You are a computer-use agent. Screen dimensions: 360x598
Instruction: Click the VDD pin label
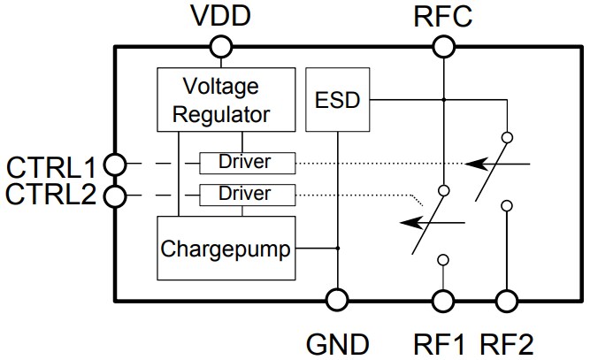[x=220, y=16]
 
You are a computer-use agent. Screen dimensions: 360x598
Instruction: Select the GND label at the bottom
[x=336, y=343]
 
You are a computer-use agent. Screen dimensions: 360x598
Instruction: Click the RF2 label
[x=508, y=343]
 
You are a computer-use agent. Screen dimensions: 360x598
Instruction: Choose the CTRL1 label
[x=50, y=165]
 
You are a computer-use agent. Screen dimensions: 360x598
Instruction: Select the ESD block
[x=338, y=100]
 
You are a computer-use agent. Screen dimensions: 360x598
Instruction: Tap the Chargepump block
[x=226, y=249]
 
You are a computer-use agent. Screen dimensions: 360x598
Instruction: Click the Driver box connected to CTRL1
[x=246, y=163]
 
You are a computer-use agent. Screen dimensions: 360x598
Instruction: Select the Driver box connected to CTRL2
[x=246, y=193]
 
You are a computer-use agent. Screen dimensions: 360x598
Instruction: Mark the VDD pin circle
[x=220, y=46]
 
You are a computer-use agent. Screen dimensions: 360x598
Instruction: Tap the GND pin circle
[x=336, y=300]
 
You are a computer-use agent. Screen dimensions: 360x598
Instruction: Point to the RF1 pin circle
[x=442, y=300]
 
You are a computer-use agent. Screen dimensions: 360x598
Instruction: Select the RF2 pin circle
[x=508, y=300]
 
